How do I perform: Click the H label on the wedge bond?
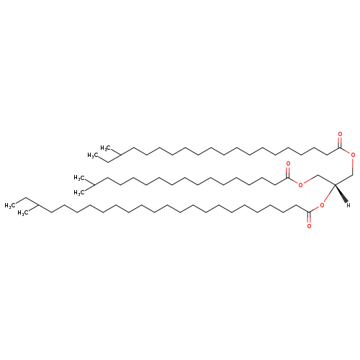pos(348,204)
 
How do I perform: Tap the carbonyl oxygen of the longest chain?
pos(309,226)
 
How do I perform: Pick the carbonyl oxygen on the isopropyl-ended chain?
pos(288,164)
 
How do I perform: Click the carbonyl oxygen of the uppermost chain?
pos(340,134)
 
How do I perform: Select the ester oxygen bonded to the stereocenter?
pos(322,205)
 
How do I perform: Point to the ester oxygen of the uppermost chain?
pos(353,155)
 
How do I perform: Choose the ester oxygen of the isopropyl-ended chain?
pos(300,184)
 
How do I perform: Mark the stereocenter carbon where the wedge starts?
pos(335,184)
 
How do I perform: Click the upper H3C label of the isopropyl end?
pos(78,178)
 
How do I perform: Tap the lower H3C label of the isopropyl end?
pos(78,192)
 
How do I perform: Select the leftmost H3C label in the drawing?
pos(10,205)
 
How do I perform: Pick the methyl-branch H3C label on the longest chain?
pos(23,213)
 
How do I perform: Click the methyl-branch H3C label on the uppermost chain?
pos(105,148)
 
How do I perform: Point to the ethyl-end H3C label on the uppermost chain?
pos(92,156)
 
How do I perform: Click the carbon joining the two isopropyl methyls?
pos(94,185)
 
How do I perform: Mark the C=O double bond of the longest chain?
pos(309,217)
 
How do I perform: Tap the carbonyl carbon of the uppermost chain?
pos(340,148)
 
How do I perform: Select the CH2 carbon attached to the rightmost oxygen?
pos(353,174)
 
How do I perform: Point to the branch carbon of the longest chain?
pos(38,205)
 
